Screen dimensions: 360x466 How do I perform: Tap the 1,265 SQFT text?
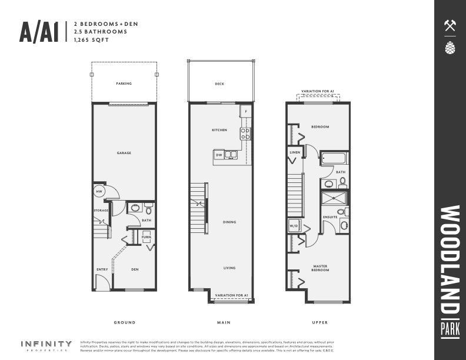pyautogui.click(x=87, y=41)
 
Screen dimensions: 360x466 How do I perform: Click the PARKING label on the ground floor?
pyautogui.click(x=124, y=84)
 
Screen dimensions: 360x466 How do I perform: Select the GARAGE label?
pyautogui.click(x=124, y=153)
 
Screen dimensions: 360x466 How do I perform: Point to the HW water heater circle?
pyautogui.click(x=99, y=192)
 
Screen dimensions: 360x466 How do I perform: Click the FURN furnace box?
pyautogui.click(x=147, y=236)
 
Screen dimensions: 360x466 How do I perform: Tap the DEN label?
pyautogui.click(x=134, y=270)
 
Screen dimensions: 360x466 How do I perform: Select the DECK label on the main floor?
pyautogui.click(x=219, y=84)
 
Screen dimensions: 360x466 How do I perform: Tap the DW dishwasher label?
pyautogui.click(x=219, y=155)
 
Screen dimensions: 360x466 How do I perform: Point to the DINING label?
pyautogui.click(x=229, y=222)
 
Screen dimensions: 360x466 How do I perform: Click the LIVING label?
pyautogui.click(x=229, y=268)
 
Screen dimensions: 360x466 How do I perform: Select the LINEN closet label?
pyautogui.click(x=295, y=152)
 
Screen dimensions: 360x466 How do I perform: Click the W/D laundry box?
pyautogui.click(x=294, y=226)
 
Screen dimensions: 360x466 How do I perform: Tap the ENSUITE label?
pyautogui.click(x=330, y=217)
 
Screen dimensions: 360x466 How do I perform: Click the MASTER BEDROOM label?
pyautogui.click(x=320, y=268)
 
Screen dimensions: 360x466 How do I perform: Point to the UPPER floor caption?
pyautogui.click(x=320, y=322)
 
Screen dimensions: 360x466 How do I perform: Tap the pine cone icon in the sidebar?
pyautogui.click(x=450, y=48)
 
